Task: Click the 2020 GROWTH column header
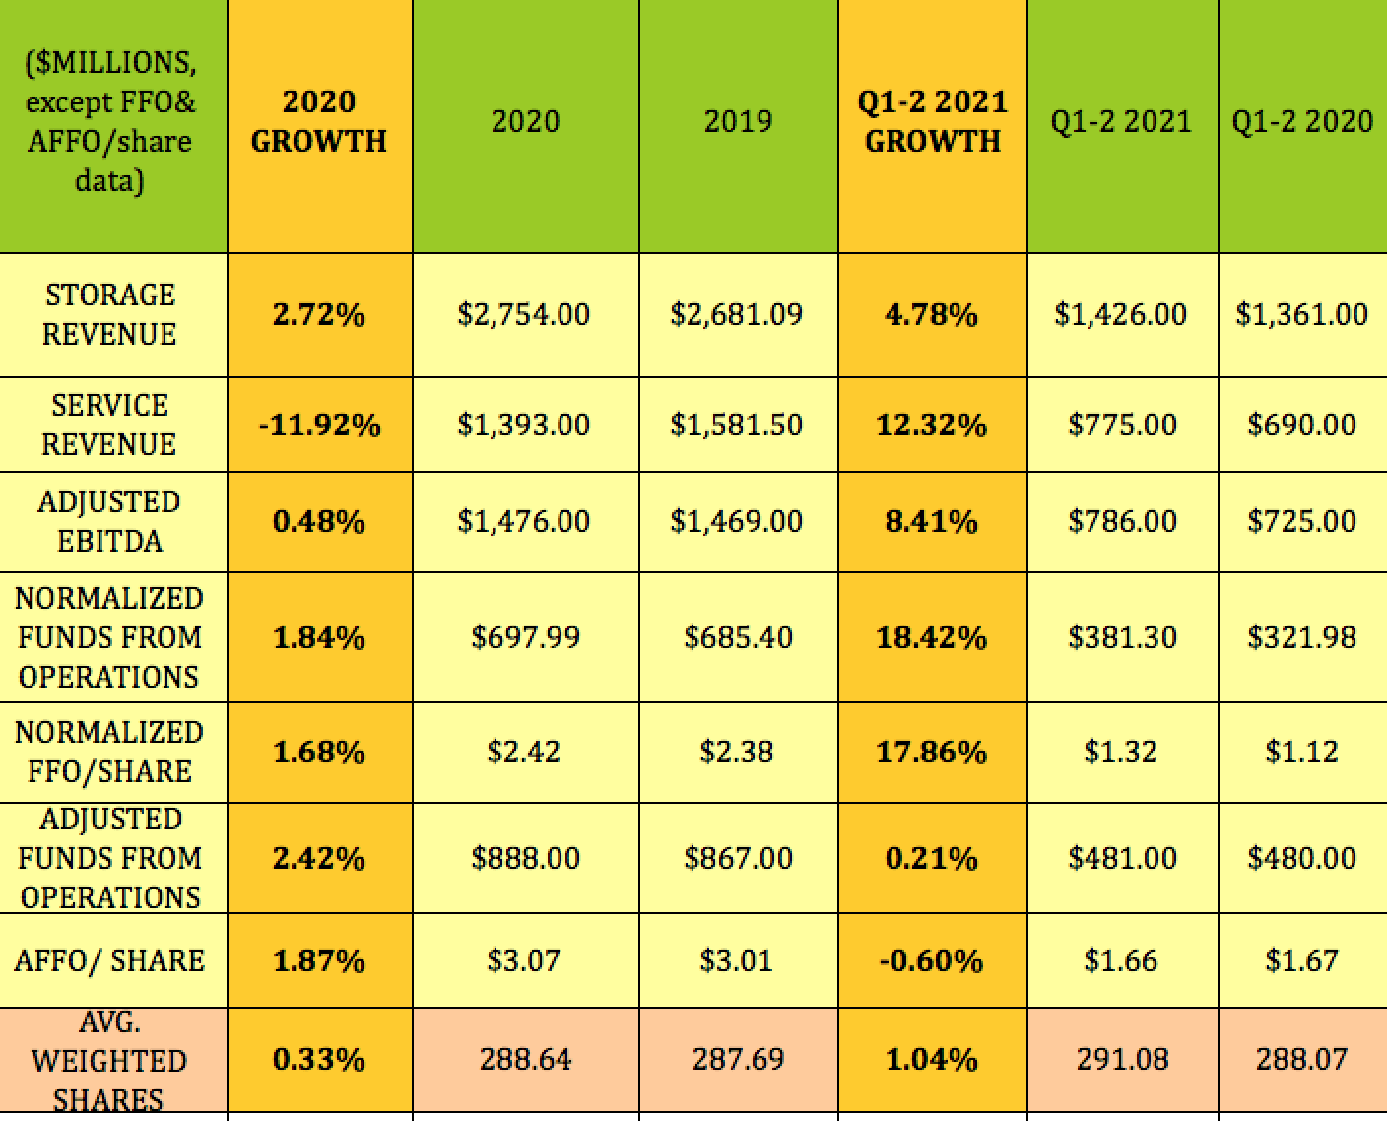319,121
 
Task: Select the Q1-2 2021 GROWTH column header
932,121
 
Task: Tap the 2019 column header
738,121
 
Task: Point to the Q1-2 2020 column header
1301,121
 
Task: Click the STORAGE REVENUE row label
110,314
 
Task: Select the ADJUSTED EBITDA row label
110,521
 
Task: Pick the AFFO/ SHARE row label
110,960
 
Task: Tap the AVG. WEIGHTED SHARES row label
110,1061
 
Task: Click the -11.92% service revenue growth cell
319,426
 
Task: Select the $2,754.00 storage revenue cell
524,315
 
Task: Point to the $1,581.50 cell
737,426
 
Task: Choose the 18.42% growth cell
932,638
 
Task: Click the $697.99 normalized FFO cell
525,638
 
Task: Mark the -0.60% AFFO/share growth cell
932,960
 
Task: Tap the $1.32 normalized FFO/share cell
1121,753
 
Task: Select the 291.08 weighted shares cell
1122,1060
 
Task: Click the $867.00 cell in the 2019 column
738,858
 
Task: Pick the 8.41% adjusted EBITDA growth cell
932,521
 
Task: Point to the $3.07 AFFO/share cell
524,960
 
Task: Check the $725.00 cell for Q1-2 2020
1301,521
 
